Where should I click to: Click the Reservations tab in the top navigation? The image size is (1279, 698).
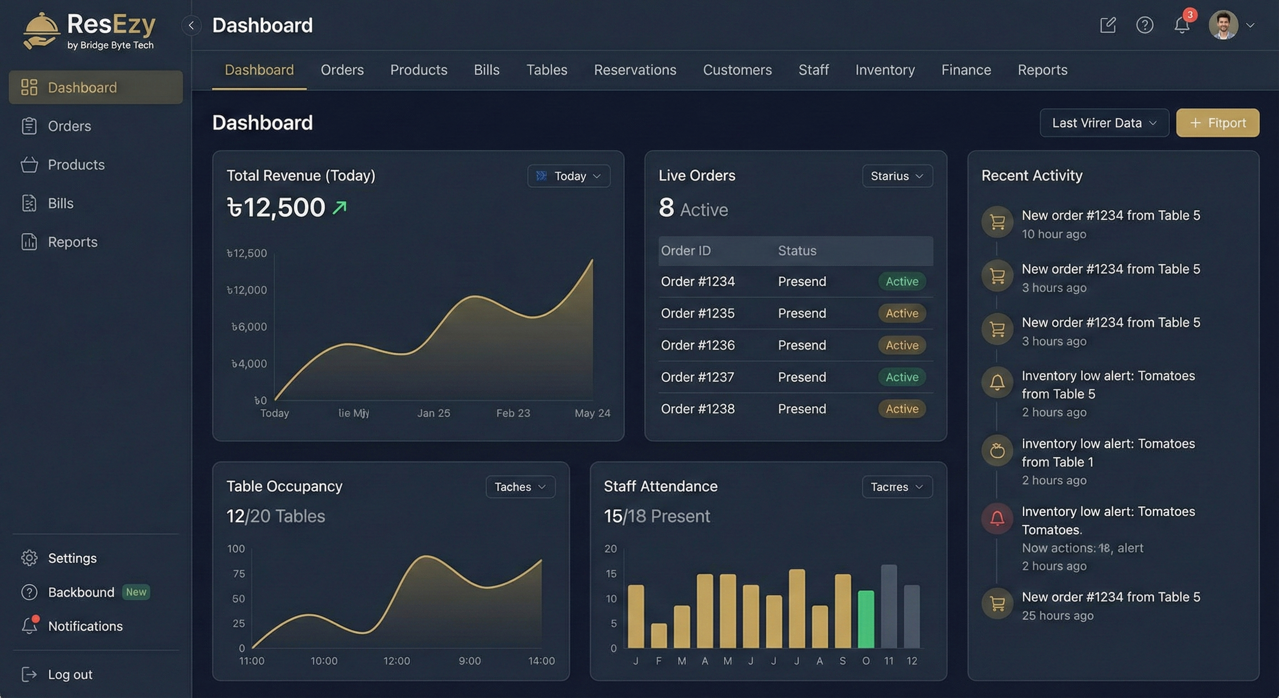(x=635, y=70)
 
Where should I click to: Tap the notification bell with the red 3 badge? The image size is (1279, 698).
(x=1182, y=25)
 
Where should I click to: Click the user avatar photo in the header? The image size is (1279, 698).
(x=1223, y=25)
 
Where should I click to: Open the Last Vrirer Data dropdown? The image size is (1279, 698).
(x=1104, y=123)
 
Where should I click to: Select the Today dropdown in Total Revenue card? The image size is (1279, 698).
(x=569, y=176)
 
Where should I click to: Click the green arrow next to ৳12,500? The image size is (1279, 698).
(x=340, y=207)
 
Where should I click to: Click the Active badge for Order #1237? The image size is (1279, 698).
(x=902, y=377)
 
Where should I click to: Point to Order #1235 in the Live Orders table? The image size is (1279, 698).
(x=697, y=314)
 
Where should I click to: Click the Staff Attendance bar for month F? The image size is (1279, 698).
(x=659, y=635)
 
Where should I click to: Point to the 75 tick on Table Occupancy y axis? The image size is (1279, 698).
(x=239, y=574)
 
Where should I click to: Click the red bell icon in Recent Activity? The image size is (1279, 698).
(x=997, y=519)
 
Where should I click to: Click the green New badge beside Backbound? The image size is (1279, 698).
(x=135, y=592)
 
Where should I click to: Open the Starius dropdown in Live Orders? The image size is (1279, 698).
(x=897, y=176)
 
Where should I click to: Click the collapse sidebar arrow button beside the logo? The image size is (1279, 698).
(x=191, y=25)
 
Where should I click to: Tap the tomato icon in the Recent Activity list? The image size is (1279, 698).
(x=997, y=451)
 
